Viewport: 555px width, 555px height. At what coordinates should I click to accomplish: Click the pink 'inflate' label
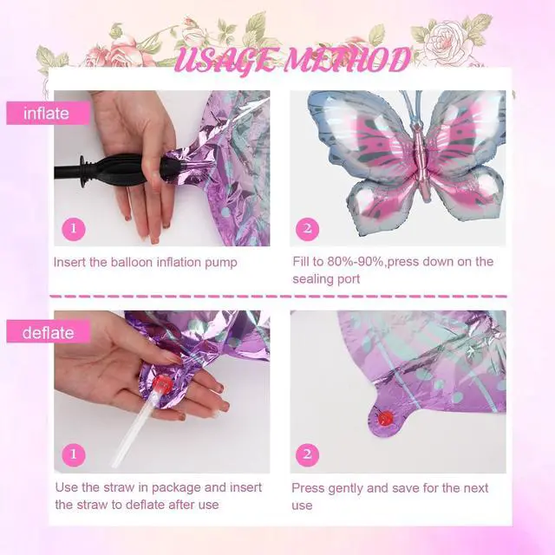49,114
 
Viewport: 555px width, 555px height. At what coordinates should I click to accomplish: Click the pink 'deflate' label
49,333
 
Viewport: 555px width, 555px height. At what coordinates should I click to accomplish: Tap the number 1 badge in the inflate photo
74,229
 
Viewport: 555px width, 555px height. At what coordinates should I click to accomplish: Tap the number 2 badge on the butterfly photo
307,229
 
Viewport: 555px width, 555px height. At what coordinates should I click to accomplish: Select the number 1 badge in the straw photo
74,454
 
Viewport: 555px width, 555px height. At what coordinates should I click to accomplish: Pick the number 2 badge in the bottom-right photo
307,454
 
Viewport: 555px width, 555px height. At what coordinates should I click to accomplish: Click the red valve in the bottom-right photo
385,418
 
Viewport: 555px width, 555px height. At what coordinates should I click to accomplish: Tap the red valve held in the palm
162,383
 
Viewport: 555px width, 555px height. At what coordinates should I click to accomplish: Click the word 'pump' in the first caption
221,264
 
